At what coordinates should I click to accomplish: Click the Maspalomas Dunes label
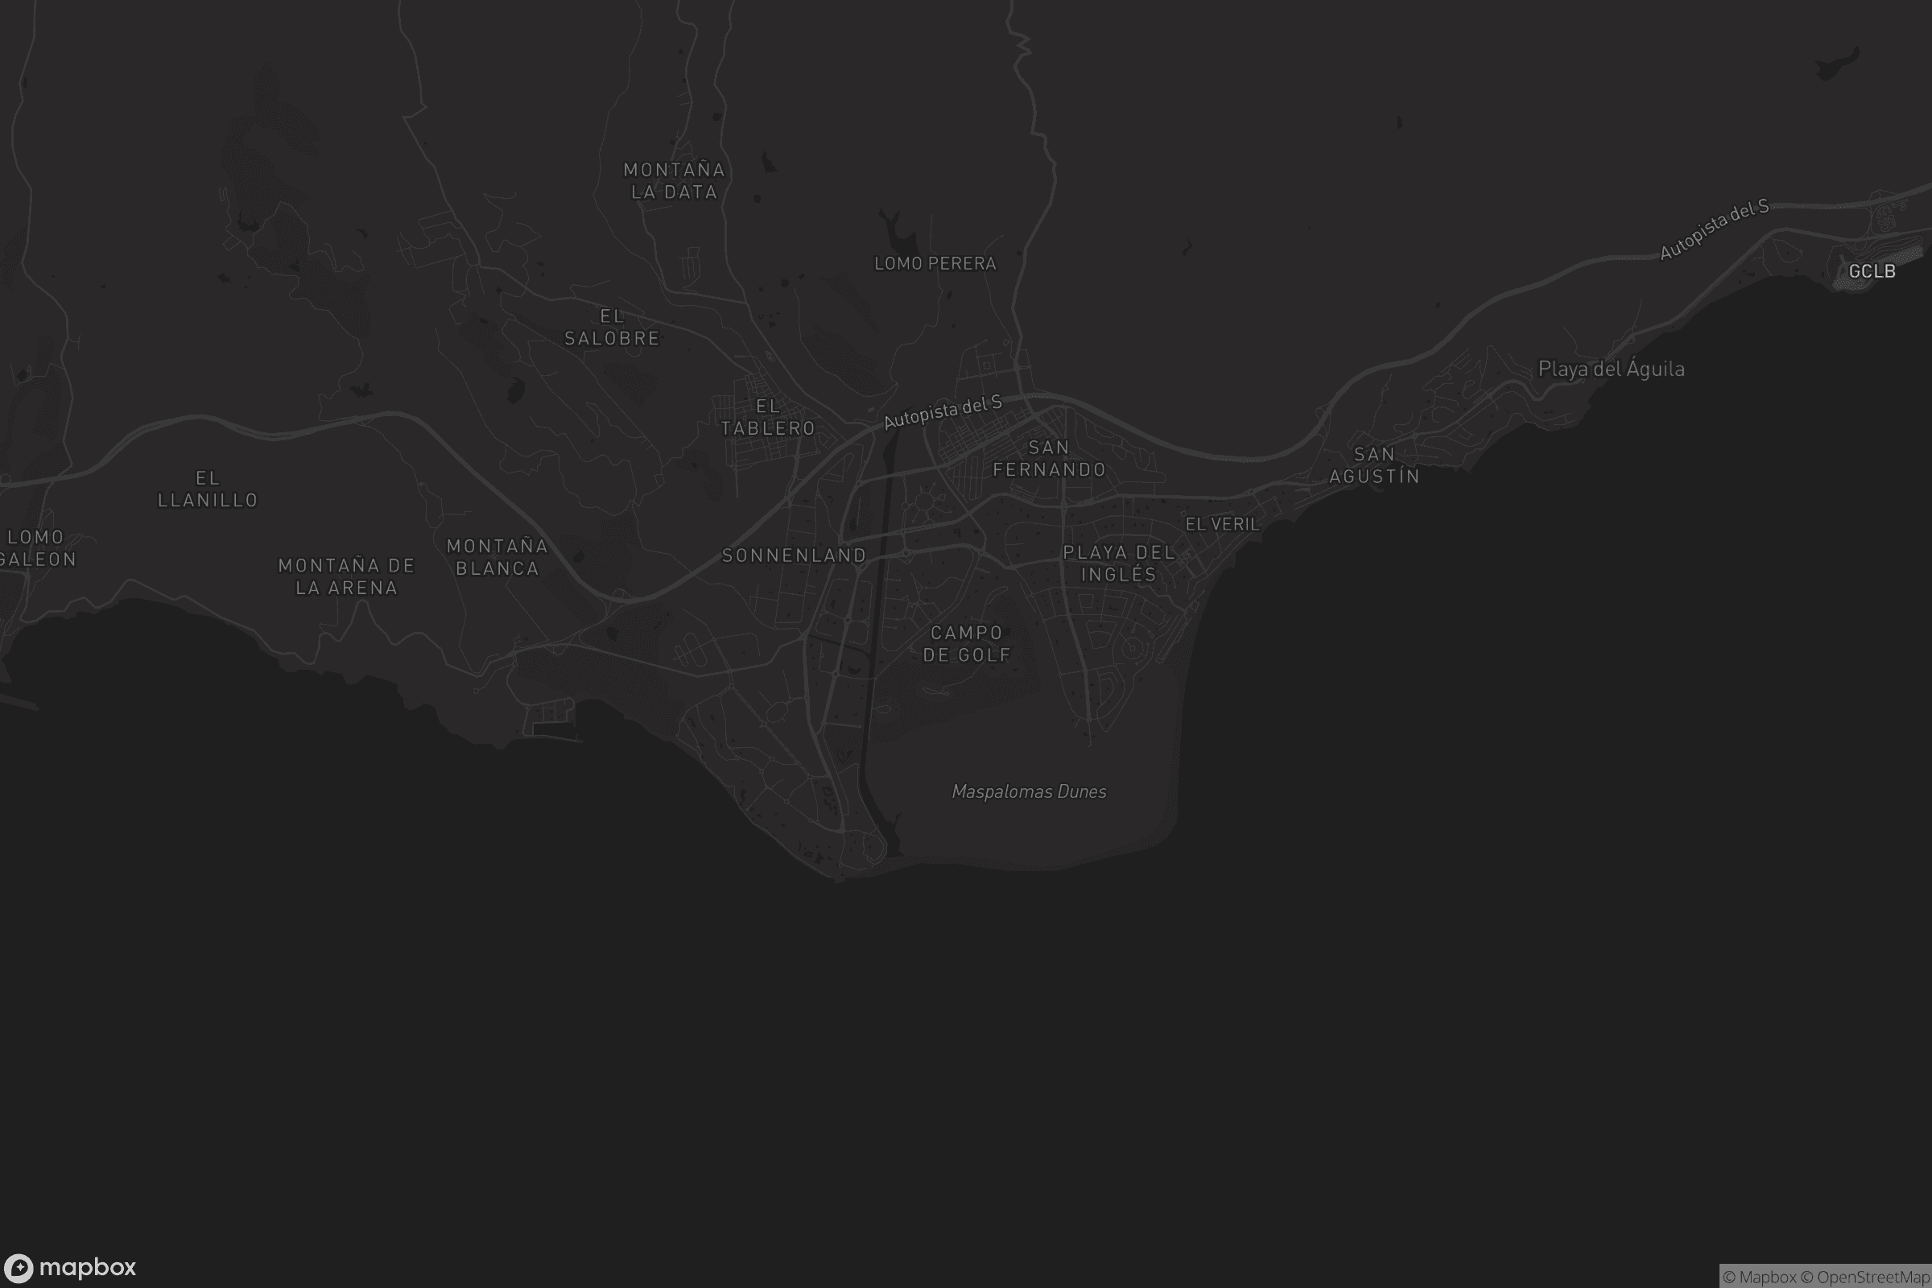[x=1030, y=792]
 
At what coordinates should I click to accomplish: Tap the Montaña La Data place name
[x=675, y=180]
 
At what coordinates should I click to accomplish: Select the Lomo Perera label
[x=935, y=264]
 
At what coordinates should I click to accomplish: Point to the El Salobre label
[x=612, y=327]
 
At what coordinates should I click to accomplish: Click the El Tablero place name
[x=768, y=417]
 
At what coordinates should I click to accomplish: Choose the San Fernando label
[x=1049, y=458]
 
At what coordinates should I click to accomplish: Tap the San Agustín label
[x=1374, y=465]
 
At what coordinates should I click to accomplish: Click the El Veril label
[x=1222, y=524]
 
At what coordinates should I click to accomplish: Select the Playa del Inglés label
[x=1119, y=563]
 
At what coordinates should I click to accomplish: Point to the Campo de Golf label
[x=967, y=644]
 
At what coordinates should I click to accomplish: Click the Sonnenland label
[x=795, y=556]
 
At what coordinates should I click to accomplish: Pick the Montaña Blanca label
[x=497, y=557]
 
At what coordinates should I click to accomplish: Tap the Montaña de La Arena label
[x=347, y=576]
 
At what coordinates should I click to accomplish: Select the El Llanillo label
[x=208, y=489]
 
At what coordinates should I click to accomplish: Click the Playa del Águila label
[x=1611, y=369]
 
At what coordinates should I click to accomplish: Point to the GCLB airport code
[x=1872, y=272]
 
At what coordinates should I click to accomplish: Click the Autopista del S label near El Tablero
[x=942, y=412]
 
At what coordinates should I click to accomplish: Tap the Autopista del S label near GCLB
[x=1714, y=230]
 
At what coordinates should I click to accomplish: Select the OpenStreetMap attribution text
[x=1872, y=1278]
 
